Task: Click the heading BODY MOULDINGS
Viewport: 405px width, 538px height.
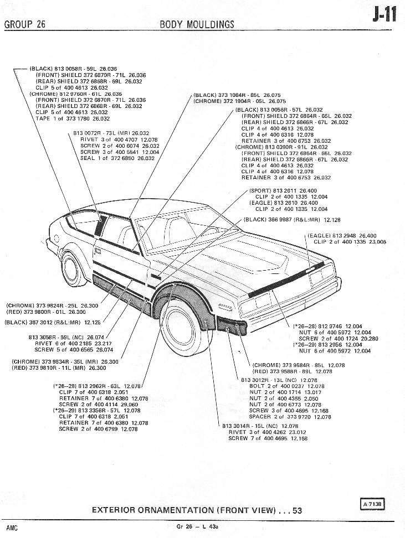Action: pos(197,24)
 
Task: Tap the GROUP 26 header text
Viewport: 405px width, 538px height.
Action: pos(25,24)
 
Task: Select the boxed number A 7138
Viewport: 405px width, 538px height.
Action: pos(373,504)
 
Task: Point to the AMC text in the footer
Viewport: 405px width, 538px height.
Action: pos(12,528)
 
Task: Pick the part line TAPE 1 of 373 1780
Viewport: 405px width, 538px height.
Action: pos(72,118)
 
